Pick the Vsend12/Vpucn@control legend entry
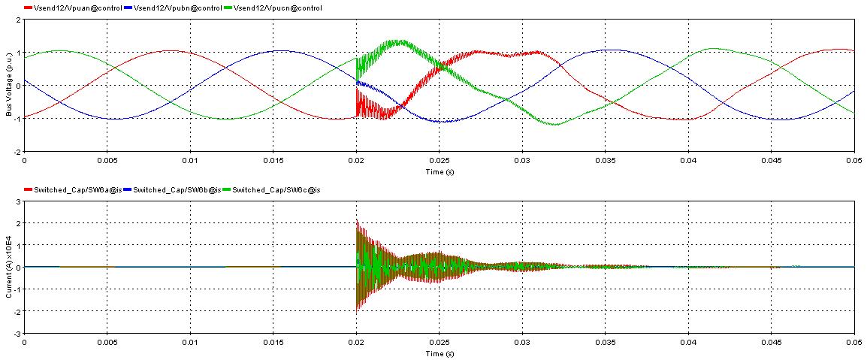274,8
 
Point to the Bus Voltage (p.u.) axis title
9,86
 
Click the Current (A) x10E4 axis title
9,268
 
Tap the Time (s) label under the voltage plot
439,172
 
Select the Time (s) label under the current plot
439,354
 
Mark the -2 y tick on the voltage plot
18,152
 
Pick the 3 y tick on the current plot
19,202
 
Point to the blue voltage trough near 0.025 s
440,121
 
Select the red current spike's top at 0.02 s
357,220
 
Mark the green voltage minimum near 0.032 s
554,125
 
